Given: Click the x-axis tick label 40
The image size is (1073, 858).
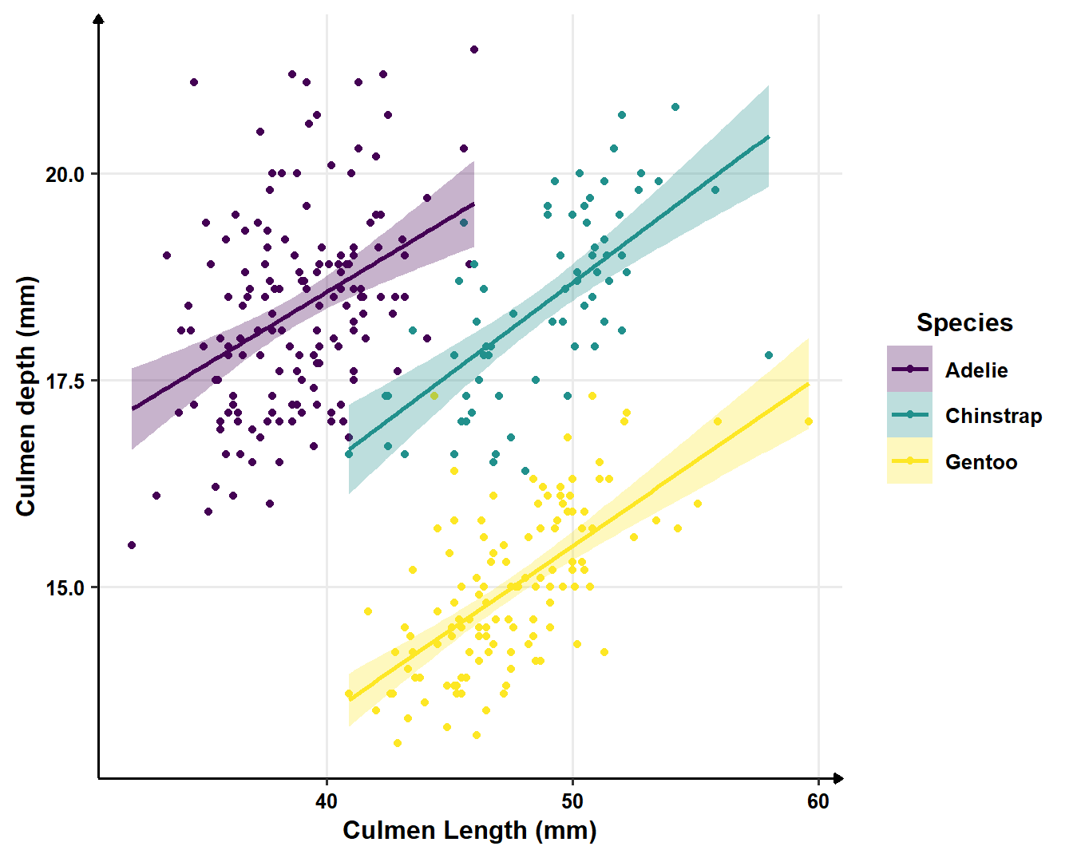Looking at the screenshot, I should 327,801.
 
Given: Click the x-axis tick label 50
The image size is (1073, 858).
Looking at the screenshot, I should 572,801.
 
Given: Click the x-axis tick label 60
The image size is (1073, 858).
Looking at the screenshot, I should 818,801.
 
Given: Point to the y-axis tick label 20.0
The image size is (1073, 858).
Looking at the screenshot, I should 65,174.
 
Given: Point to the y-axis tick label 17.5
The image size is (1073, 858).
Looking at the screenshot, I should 65,381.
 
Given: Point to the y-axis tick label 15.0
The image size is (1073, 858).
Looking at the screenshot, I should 65,587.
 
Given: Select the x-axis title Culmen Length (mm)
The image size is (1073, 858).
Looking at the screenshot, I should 469,831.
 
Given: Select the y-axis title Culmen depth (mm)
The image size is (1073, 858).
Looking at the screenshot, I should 26,396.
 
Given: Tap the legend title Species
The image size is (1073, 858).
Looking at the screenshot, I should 964,322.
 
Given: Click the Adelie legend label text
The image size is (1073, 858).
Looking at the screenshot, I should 976,370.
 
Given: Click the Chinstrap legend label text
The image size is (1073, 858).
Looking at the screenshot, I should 993,416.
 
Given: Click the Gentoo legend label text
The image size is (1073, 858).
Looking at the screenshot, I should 981,462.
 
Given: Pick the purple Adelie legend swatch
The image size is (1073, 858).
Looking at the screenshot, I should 909,369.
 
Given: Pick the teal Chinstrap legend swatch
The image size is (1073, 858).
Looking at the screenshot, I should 909,415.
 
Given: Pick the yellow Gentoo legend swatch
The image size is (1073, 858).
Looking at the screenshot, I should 909,461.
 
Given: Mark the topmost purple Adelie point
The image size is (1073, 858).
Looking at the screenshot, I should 474,49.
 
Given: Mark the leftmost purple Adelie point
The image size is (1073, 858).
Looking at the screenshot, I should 132,545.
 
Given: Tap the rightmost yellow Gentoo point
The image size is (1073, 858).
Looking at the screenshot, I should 809,421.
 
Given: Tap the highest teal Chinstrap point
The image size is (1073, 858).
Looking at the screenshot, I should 675,107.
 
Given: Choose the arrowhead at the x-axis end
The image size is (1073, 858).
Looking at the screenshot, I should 838,778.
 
